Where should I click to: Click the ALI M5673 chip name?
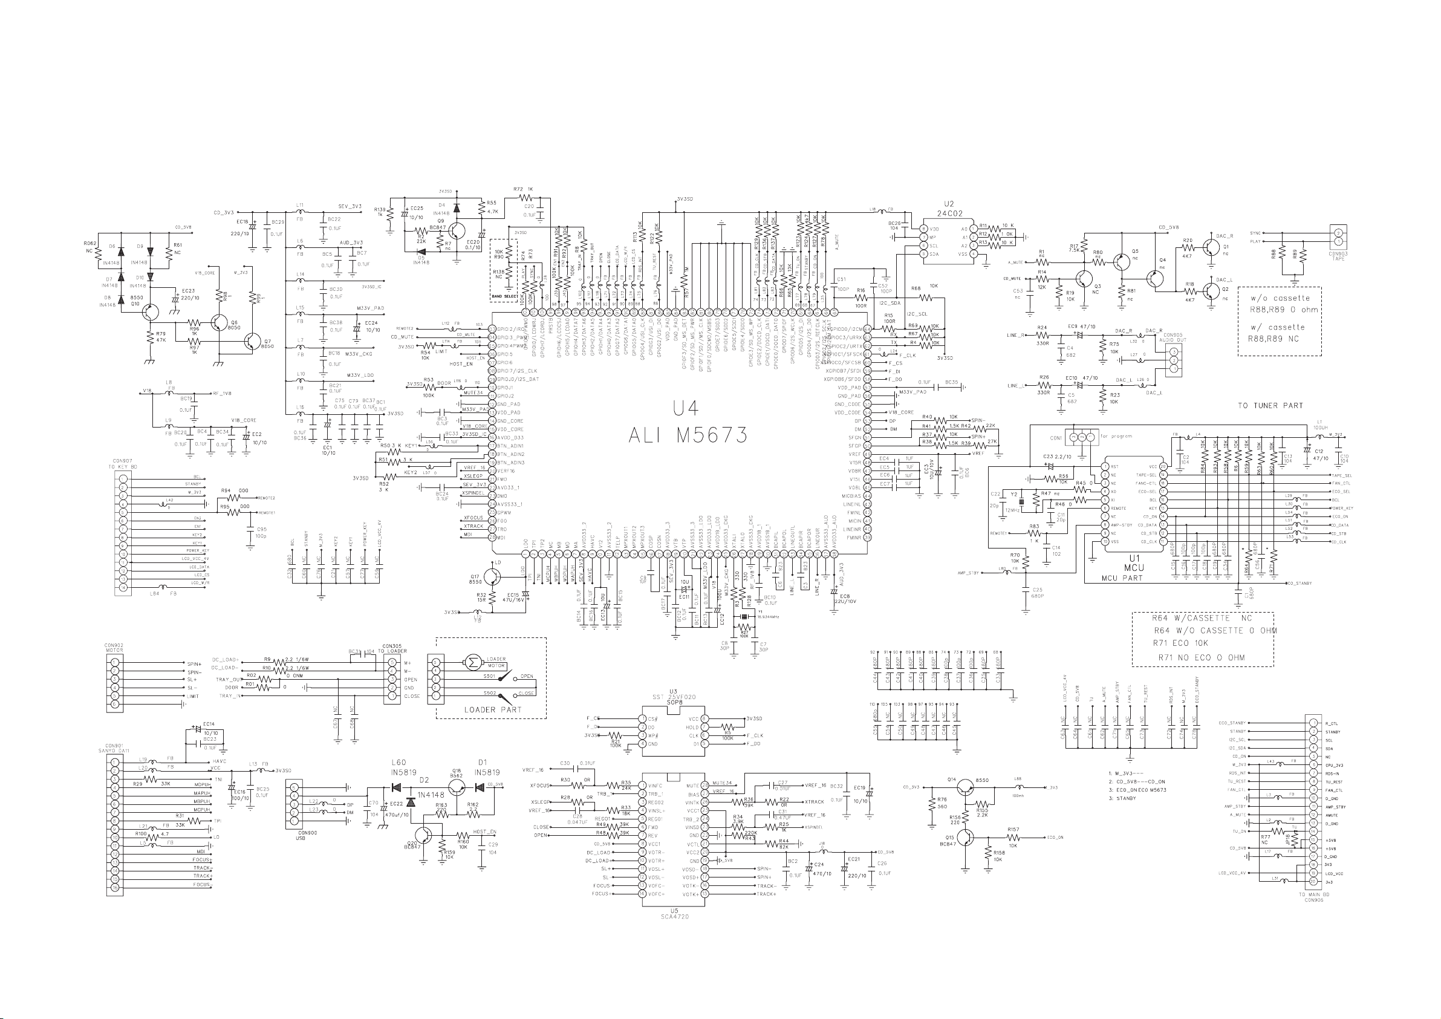pos(688,434)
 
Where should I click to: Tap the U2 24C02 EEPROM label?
pos(948,209)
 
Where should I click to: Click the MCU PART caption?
pos(1122,578)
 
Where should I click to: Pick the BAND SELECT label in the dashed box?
pos(504,296)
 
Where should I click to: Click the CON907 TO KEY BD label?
pos(122,464)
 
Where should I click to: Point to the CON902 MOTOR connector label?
pos(114,647)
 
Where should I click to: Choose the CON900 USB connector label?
pos(299,836)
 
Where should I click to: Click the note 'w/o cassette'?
pos(1280,298)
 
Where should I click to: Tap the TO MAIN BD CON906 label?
pos(1313,897)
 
